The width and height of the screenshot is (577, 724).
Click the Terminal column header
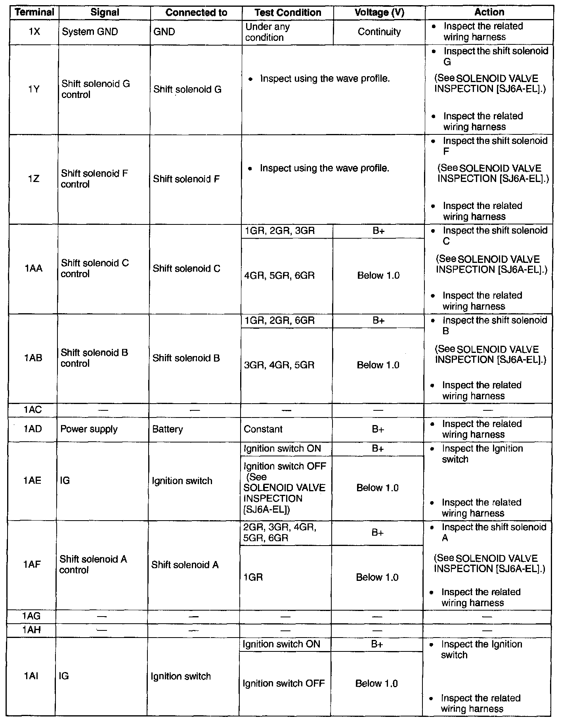34,12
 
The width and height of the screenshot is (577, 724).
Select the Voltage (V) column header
379,13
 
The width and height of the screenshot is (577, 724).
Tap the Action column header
489,12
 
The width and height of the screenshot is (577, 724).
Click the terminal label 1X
34,32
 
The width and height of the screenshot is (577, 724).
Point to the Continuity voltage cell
379,32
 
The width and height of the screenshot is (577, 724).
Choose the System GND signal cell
90,32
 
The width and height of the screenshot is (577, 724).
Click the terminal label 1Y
34,90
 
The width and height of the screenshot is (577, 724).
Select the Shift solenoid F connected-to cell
186,179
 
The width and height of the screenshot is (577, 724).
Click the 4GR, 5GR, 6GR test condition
279,276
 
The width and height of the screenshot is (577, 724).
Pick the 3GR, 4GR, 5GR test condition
279,365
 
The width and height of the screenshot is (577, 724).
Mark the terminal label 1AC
32,410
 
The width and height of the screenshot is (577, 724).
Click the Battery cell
168,429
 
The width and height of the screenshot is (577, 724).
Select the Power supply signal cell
89,429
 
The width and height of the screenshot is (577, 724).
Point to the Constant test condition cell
263,429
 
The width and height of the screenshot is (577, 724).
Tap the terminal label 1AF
32,565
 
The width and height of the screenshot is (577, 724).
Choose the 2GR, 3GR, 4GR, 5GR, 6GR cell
280,532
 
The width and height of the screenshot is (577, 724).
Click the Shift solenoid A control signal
93,565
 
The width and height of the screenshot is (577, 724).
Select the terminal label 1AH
32,630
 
